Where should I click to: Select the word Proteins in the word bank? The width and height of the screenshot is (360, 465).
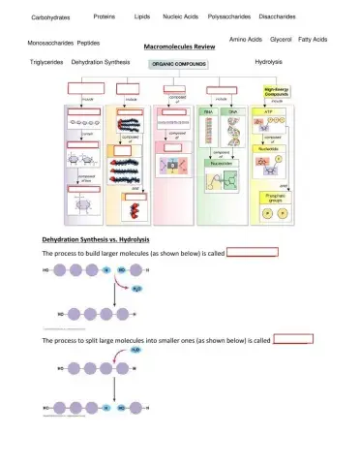coord(105,16)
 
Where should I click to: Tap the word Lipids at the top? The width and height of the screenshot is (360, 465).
coord(141,16)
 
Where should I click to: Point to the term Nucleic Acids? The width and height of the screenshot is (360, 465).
coord(180,16)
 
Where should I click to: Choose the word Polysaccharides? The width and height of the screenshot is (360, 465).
coord(229,16)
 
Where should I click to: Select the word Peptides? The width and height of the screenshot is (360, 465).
coord(88,44)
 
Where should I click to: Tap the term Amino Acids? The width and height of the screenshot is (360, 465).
coord(246,40)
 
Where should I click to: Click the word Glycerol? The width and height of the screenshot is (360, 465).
coord(281,40)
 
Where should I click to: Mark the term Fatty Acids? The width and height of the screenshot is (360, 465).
coord(313,40)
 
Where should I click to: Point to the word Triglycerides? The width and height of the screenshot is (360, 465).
coord(46,61)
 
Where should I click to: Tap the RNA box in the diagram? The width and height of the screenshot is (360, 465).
coord(207,112)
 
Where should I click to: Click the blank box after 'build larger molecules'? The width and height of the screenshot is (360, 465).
coord(253,252)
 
